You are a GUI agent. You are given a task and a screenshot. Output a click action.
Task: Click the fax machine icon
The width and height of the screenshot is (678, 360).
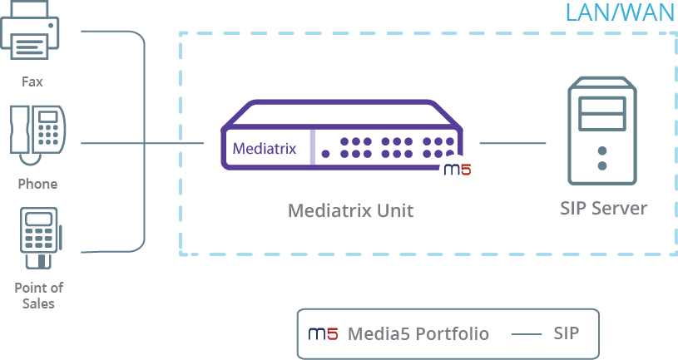coord(29,29)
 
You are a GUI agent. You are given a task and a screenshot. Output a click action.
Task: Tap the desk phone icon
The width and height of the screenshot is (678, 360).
coord(37,135)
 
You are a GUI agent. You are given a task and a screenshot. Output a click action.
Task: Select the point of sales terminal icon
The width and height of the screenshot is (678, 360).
coord(41,238)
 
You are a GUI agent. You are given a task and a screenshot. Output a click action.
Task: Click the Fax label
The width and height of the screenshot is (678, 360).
coord(32,81)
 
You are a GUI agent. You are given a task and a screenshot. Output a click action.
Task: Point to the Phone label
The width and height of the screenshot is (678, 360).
coord(37,184)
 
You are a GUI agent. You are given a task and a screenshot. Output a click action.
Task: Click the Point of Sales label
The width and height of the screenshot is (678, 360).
coord(38,296)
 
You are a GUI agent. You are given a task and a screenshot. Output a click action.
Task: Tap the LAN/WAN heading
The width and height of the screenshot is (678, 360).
coord(621,12)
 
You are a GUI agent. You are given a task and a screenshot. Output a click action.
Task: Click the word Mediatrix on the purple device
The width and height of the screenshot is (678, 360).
coord(265,149)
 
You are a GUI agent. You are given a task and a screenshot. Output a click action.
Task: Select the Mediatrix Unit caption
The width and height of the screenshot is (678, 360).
coord(351,211)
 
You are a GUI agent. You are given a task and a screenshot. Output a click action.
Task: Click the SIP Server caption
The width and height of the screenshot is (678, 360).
coord(604,209)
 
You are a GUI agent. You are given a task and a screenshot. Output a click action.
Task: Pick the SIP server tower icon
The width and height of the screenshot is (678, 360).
coord(602,131)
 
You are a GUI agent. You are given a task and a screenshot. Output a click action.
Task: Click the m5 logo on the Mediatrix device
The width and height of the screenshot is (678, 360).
coord(458,169)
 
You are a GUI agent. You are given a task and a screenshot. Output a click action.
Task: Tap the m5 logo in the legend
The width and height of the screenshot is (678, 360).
coord(323,333)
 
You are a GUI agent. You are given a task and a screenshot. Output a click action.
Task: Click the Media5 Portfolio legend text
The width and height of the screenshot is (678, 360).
coord(418,333)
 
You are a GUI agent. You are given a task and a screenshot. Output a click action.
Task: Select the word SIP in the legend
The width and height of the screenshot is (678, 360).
coord(566,333)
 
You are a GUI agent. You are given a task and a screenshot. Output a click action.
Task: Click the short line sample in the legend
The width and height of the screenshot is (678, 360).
coord(527,334)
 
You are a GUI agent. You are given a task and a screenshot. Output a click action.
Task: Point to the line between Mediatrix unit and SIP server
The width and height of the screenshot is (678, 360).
coord(512,143)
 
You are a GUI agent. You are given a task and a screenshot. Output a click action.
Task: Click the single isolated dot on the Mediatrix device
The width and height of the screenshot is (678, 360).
coord(325,154)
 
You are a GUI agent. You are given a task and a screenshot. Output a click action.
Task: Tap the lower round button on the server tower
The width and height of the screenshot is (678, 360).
coord(602,165)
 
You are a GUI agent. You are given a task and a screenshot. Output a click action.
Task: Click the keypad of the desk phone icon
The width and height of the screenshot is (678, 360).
coord(47,135)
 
